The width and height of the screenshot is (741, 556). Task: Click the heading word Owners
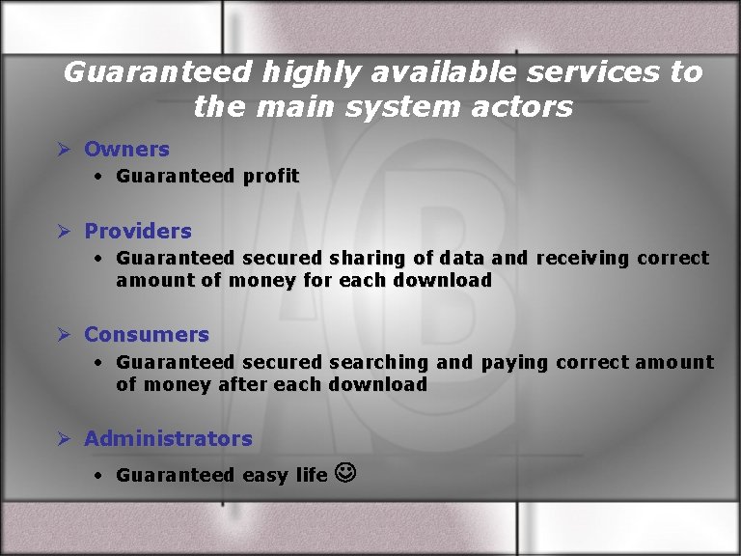126,150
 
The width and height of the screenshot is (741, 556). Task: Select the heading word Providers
138,232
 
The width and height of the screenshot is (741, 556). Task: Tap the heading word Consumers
147,335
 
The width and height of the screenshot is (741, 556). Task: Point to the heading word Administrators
168,439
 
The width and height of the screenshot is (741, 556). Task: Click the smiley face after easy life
343,473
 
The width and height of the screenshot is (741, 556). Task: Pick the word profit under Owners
271,177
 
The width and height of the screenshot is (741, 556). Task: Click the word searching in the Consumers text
378,363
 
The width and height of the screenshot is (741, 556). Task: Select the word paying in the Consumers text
514,363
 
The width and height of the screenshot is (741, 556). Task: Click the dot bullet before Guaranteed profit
99,177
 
